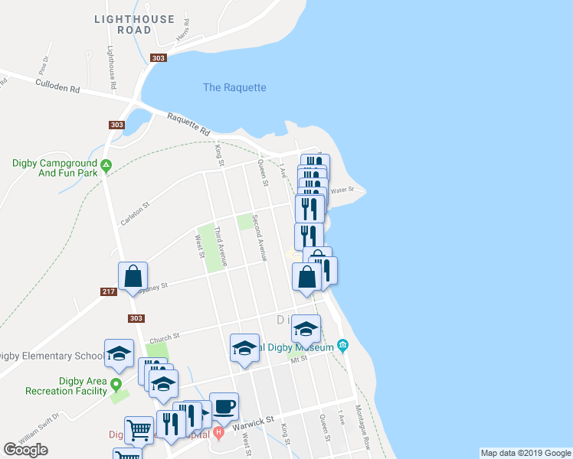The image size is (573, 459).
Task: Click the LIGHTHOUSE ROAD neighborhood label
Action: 134,24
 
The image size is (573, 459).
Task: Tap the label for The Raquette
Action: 234,88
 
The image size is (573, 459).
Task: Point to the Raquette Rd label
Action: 188,123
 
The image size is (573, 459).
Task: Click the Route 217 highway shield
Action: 108,291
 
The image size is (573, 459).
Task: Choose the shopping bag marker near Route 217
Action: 133,276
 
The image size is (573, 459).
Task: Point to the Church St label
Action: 164,335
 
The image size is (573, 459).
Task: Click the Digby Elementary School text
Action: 51,356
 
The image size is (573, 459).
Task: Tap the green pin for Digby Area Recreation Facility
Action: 116,384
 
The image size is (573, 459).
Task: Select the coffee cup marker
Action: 224,407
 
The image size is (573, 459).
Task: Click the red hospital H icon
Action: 218,433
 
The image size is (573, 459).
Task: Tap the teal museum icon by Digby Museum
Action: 343,347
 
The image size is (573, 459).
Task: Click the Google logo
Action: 25,450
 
